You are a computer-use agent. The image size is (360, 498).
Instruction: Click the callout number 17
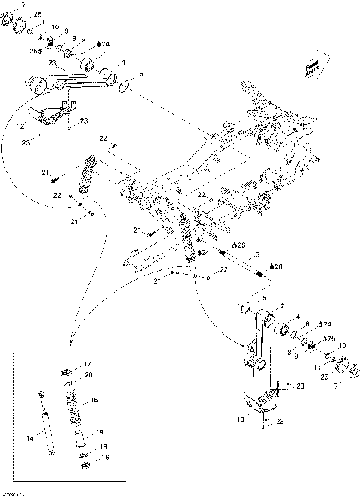(87, 363)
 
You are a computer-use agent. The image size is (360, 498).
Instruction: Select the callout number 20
(88, 374)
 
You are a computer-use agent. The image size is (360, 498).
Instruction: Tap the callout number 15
(94, 400)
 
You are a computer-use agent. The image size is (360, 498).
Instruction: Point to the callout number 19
(99, 432)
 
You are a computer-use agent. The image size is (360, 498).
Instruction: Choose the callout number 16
(105, 457)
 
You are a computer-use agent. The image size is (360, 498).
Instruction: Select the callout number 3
(257, 256)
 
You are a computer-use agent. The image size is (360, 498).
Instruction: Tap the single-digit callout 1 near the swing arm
(123, 61)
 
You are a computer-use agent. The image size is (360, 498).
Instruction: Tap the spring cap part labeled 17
(67, 368)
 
